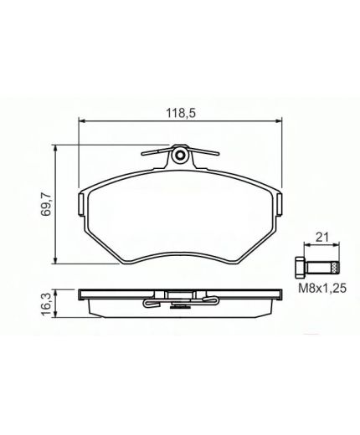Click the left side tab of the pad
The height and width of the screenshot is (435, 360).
[80, 203]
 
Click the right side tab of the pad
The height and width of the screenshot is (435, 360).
[279, 203]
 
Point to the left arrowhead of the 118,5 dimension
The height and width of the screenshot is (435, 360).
[82, 121]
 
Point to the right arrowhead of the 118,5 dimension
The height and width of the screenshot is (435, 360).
[277, 121]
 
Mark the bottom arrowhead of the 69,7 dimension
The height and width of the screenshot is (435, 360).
[56, 260]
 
